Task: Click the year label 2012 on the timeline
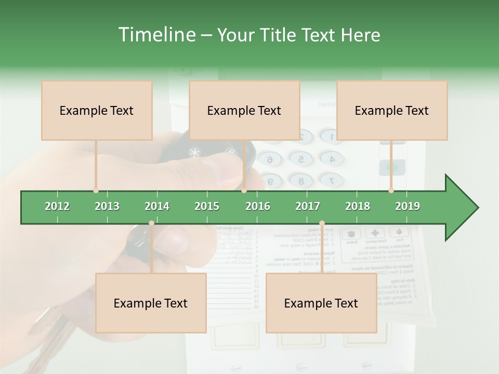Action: pos(57,206)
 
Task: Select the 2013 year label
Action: pos(107,206)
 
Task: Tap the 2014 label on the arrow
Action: pos(157,206)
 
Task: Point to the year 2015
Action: pos(207,206)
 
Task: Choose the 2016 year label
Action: pos(258,206)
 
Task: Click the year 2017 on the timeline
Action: pos(308,206)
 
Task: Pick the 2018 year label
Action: pos(358,206)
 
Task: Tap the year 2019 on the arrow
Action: pos(408,206)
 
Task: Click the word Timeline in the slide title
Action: pos(156,35)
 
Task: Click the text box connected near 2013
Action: pos(97,110)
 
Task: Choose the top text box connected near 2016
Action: pos(244,110)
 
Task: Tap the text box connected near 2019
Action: pos(392,110)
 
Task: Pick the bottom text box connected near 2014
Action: pos(151,303)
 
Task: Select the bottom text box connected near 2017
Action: pos(321,303)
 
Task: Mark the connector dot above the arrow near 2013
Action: pos(96,191)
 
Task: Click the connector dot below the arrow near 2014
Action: pos(151,223)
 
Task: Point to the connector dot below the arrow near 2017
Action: pos(322,223)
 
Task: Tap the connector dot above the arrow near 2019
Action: pos(391,191)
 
